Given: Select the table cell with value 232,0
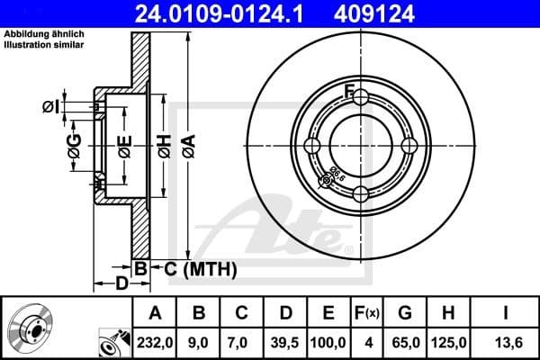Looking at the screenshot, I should (155, 341).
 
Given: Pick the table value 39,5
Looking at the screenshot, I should (285, 341).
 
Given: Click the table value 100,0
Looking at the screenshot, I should (328, 341).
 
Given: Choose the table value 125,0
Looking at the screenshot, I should (448, 341).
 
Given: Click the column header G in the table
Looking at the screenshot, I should (405, 313).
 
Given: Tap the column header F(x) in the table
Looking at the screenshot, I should (368, 313).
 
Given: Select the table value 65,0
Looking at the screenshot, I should (405, 341).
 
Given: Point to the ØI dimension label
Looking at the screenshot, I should (51, 107).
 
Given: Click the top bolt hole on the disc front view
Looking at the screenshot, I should (361, 97).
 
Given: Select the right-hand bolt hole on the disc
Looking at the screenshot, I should (409, 146).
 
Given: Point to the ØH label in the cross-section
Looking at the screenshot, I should (164, 145).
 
